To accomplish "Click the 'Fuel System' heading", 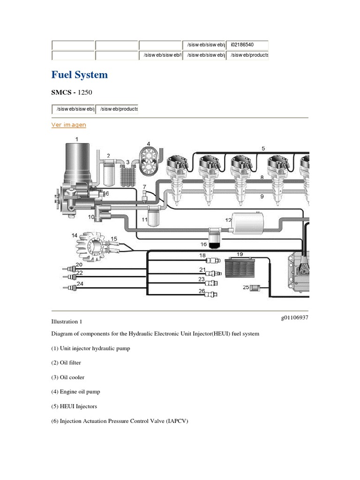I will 79,75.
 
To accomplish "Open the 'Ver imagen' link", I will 68,125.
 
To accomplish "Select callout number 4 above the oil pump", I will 149,143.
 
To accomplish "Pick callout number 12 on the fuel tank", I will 228,220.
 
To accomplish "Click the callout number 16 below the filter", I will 203,244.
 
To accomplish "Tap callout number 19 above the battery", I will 240,254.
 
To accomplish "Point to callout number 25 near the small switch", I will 246,287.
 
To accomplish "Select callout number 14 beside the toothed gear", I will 74,235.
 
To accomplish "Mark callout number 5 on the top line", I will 263,148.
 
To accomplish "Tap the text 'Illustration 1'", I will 67,322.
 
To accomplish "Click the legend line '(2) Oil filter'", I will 67,363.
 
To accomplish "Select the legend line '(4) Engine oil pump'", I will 75,391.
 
